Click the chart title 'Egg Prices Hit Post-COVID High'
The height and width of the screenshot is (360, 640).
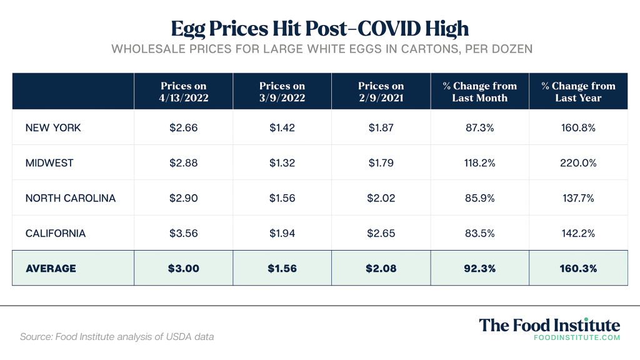319,28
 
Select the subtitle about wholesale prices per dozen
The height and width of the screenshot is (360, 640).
319,49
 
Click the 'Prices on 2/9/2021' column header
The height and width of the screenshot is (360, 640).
381,92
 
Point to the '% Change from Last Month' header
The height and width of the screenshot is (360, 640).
480,92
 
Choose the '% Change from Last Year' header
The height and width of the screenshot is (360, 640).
578,92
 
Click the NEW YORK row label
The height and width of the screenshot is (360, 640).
53,127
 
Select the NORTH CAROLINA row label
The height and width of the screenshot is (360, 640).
71,198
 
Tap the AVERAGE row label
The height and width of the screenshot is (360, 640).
51,268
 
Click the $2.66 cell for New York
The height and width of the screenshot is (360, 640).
183,127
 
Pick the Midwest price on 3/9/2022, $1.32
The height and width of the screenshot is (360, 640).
282,163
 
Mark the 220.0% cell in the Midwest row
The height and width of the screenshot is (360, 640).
578,163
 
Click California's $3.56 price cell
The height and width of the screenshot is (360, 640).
183,233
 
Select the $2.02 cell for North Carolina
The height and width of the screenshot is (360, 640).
381,198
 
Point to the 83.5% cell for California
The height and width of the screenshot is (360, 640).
480,233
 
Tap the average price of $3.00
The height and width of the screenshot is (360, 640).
183,268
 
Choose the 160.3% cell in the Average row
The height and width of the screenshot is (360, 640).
578,268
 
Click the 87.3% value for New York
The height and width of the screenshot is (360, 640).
480,127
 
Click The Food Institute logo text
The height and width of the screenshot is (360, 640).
549,326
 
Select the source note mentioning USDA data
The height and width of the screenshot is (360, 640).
117,337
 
